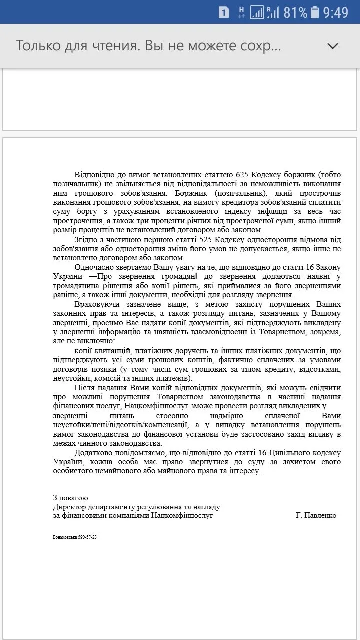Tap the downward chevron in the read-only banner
pyautogui.click(x=332, y=46)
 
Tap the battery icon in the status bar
pyautogui.click(x=314, y=12)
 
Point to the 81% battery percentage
pyautogui.click(x=295, y=12)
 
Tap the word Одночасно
pyautogui.click(x=94, y=267)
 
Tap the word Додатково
pyautogui.click(x=95, y=452)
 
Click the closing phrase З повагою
pyautogui.click(x=70, y=498)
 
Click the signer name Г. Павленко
pyautogui.click(x=316, y=515)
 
